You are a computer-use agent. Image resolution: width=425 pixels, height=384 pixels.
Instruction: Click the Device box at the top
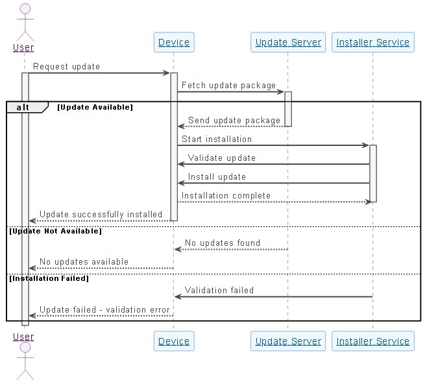174,43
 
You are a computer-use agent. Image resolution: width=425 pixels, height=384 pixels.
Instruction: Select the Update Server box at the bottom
288,341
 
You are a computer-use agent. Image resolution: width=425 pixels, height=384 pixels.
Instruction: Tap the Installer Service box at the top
372,43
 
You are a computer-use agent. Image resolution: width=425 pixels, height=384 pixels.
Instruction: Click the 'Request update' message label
66,67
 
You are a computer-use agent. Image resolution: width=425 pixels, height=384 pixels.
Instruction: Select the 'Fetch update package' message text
228,86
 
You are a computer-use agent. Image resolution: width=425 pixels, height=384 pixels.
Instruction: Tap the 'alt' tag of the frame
23,107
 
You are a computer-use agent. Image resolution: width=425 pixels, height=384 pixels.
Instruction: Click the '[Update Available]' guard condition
95,107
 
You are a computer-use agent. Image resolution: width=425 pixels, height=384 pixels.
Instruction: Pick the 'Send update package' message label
234,121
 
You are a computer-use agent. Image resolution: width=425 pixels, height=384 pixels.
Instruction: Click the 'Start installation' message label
217,139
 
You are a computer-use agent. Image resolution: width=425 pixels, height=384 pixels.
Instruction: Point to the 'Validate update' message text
222,158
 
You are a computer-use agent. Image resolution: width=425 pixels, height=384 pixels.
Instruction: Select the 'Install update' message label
217,177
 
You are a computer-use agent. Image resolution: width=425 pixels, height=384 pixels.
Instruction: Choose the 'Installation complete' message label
226,196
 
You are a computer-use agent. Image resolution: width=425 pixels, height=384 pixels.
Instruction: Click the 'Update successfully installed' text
101,215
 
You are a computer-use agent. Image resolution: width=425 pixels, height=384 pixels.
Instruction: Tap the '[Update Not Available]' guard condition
55,231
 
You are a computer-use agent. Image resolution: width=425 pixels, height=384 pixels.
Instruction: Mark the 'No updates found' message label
223,243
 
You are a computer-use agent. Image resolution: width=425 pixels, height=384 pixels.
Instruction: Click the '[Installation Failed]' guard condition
49,278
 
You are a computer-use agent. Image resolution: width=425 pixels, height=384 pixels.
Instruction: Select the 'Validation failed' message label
219,291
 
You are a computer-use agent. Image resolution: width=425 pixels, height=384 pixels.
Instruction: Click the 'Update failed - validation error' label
104,310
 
